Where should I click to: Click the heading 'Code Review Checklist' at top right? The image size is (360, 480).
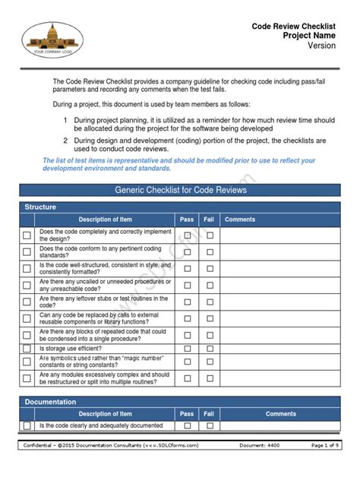293,27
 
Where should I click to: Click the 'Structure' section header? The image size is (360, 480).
40,207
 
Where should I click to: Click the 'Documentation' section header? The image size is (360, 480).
50,401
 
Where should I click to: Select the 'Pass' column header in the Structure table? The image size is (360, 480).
187,219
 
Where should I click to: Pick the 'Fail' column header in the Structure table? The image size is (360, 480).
209,219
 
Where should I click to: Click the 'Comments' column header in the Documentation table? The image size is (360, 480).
280,414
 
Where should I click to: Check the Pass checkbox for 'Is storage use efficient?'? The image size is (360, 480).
187,348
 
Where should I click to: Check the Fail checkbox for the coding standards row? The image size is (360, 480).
209,252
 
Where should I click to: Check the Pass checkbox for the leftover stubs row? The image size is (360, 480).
187,302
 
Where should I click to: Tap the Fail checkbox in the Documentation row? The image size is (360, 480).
209,426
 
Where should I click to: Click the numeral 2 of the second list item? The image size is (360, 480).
66,141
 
